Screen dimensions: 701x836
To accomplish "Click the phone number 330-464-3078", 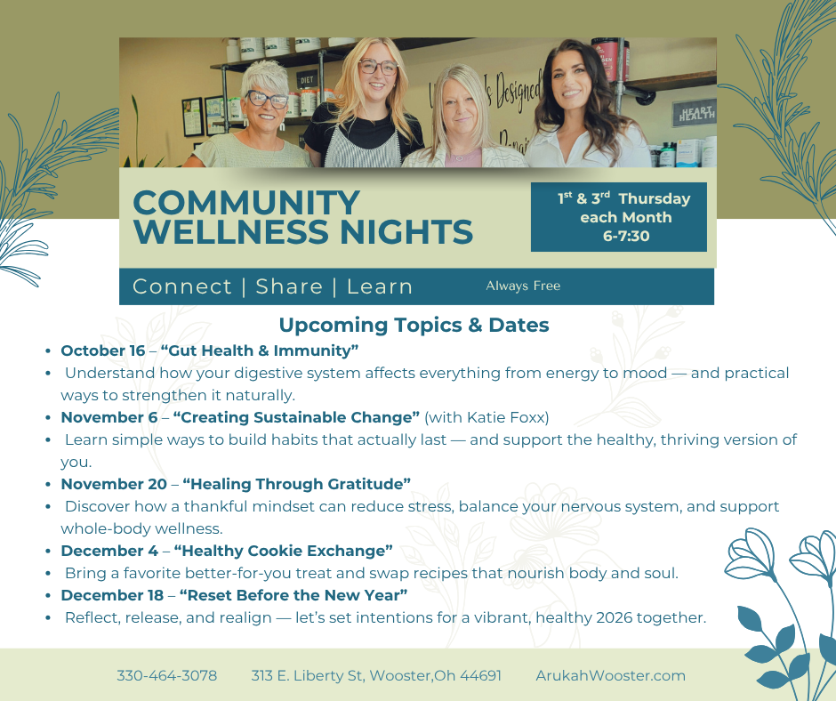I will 166,675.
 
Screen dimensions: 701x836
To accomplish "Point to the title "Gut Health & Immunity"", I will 260,350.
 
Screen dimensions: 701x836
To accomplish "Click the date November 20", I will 113,484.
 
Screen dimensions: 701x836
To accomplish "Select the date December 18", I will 112,595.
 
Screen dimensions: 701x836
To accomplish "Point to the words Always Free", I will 523,286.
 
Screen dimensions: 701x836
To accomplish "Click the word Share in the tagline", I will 289,286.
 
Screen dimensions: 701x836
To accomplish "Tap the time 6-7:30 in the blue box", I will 626,236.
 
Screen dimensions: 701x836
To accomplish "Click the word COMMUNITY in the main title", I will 246,203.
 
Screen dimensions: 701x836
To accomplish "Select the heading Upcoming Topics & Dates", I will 414,325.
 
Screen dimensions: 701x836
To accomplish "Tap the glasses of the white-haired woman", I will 267,99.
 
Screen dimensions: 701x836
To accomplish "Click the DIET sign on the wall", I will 306,78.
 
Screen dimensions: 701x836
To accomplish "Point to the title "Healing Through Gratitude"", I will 296,484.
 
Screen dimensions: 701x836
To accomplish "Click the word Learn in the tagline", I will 380,286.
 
